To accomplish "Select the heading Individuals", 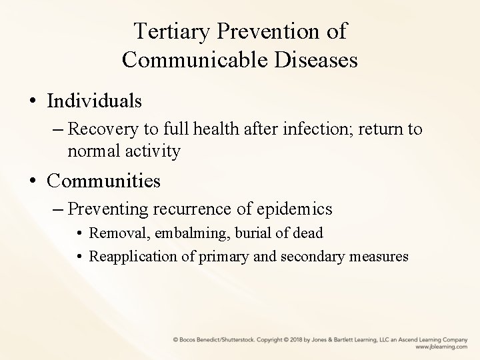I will (x=94, y=101).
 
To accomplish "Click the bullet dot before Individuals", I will (x=32, y=102).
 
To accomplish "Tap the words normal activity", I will (x=123, y=151).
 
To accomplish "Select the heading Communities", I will (x=104, y=180).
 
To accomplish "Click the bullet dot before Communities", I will (x=32, y=181).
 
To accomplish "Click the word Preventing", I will (x=109, y=209).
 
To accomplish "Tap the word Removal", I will (x=113, y=233).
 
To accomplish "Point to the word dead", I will (x=309, y=233).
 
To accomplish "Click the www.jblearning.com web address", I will (x=441, y=347).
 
